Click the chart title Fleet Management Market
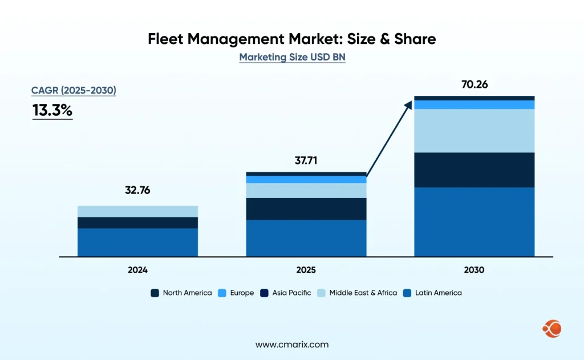click(291, 39)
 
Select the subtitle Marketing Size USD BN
click(292, 58)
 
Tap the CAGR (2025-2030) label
click(74, 90)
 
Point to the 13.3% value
click(52, 110)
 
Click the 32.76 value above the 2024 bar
click(137, 191)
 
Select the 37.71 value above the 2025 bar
click(306, 160)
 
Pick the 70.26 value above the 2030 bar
click(474, 85)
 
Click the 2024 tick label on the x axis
click(137, 270)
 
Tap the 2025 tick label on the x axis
click(306, 270)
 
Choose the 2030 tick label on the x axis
click(474, 270)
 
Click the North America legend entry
click(181, 293)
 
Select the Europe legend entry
click(237, 293)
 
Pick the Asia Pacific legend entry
click(286, 293)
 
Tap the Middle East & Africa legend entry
click(358, 293)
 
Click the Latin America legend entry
click(432, 293)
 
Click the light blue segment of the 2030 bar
click(474, 131)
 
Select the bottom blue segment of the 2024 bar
click(137, 242)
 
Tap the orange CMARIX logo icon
click(551, 328)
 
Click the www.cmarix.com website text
click(292, 345)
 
